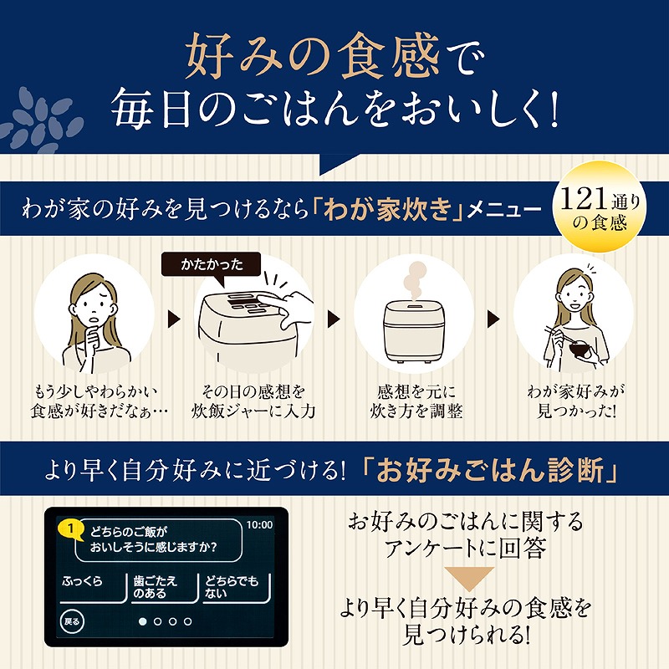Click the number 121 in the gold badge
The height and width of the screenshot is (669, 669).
point(584,199)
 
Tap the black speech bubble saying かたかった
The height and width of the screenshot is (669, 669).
point(212,266)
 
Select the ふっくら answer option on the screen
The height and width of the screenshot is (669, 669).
point(93,588)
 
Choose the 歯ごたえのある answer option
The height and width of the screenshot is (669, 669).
point(165,588)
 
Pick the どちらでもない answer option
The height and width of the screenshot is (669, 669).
point(237,588)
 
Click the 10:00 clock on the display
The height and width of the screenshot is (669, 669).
point(259,524)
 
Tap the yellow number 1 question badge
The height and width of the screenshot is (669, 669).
point(71,529)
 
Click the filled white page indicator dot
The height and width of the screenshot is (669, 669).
point(142,621)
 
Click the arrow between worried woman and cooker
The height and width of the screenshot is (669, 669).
point(174,319)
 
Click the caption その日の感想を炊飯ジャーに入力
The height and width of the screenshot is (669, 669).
point(253,401)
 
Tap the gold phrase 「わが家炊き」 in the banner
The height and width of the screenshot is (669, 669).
point(388,209)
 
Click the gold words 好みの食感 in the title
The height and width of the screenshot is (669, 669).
point(312,57)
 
